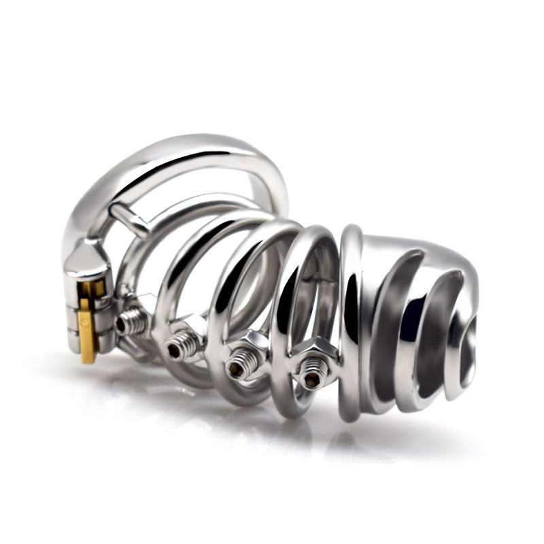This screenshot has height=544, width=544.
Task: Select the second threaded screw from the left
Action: tap(177, 347)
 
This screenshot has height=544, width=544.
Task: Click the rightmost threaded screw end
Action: tap(312, 372)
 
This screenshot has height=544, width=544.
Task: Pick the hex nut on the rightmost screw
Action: tap(315, 354)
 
